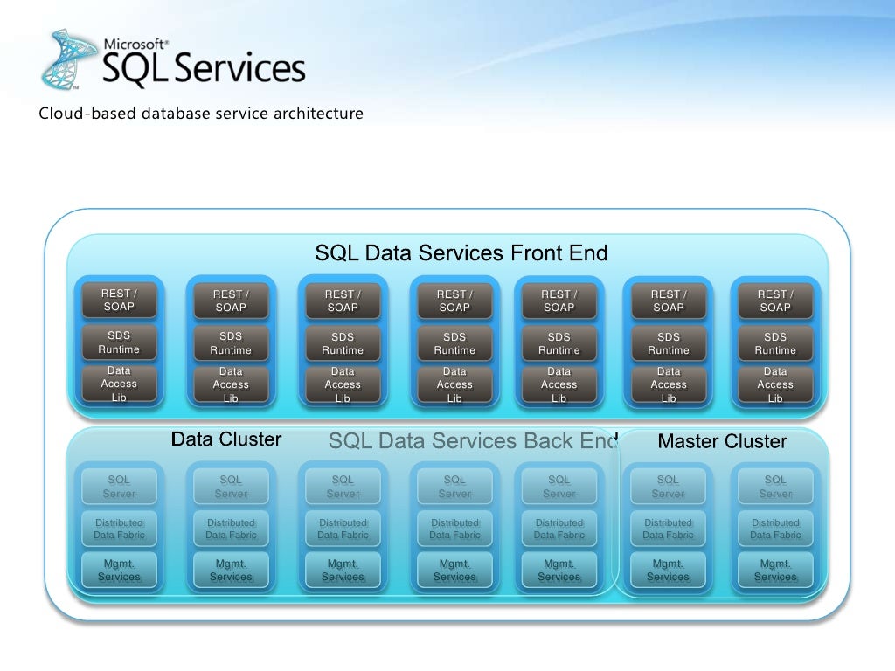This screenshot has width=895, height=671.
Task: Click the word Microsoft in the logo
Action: (135, 43)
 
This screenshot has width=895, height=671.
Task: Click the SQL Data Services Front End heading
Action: (461, 253)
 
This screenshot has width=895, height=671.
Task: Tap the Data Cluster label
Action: (226, 439)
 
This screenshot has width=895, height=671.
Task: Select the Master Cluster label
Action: (722, 442)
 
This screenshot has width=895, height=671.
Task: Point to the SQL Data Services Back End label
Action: (473, 441)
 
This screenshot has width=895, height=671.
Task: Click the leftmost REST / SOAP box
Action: (119, 301)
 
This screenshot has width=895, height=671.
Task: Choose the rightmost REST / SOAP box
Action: (775, 301)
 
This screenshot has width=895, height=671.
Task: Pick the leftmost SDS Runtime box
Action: (119, 342)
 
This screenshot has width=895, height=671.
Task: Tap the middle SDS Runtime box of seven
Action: (454, 343)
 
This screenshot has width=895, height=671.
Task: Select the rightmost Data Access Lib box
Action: (775, 384)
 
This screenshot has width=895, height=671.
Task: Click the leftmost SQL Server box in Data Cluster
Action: (119, 487)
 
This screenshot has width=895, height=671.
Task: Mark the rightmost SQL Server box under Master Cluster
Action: (775, 487)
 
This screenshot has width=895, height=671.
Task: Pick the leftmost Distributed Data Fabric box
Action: (119, 529)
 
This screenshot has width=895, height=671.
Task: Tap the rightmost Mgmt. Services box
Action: (775, 571)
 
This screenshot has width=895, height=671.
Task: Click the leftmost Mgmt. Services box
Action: (119, 571)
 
